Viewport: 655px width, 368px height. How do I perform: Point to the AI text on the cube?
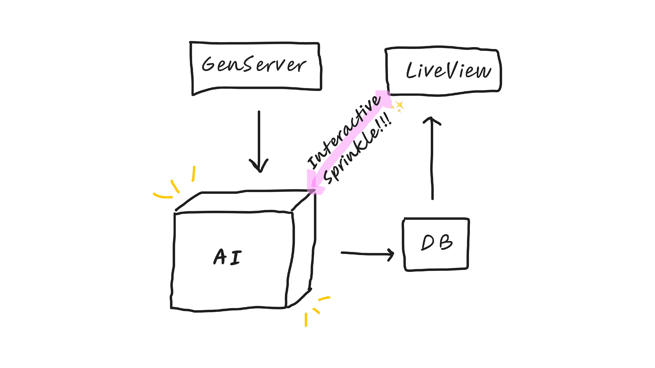tap(228, 257)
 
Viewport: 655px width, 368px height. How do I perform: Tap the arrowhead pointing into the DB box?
tap(391, 254)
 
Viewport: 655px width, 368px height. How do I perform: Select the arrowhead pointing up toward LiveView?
tap(431, 120)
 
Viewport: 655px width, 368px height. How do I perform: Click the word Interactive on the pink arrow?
tap(345, 132)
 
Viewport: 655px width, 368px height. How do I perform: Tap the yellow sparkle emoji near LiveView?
tap(398, 106)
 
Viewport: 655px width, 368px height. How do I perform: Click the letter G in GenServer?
tap(209, 64)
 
